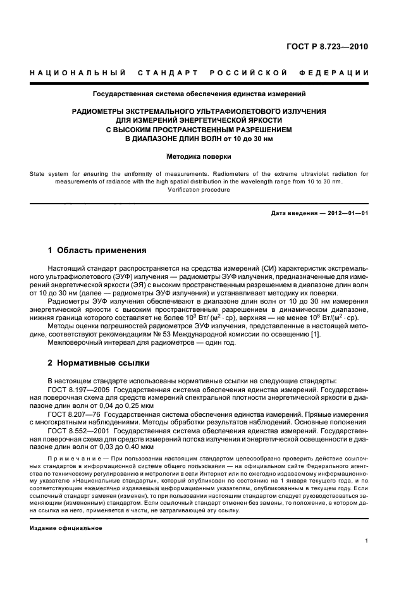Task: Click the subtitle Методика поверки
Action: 199,156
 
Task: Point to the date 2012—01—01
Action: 347,213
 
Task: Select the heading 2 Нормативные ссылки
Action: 99,364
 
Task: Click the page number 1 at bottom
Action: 367,541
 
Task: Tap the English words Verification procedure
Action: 199,189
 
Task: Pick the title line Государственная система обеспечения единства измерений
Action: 199,94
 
